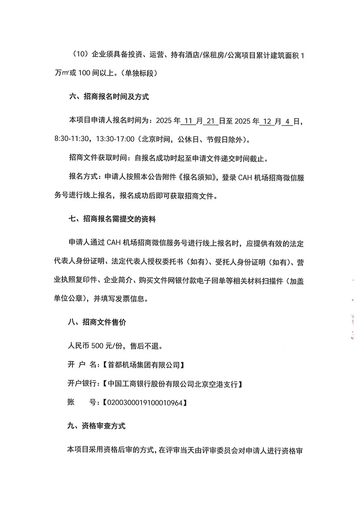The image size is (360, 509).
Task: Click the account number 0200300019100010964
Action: click(144, 403)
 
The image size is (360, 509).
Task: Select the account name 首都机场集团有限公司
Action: click(143, 364)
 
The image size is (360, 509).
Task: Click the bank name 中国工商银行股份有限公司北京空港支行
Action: click(173, 384)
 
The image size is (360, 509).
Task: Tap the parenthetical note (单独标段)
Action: click(135, 72)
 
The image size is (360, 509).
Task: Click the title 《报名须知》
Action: click(198, 178)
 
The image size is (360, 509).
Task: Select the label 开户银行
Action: click(83, 384)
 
